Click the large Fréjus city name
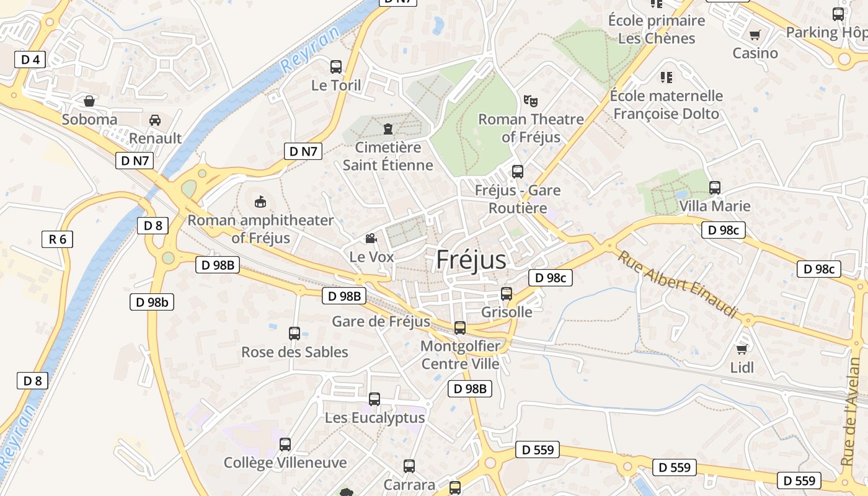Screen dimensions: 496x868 pos(471,260)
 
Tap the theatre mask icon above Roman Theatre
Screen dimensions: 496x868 pos(530,100)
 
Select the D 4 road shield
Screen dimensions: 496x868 pos(30,60)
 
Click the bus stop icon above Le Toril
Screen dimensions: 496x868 pos(336,66)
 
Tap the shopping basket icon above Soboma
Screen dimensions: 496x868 pos(89,100)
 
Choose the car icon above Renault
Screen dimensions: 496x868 pos(155,120)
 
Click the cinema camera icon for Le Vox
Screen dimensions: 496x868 pos(371,239)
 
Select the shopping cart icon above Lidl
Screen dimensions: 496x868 pos(742,349)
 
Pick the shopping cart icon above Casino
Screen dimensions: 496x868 pos(755,35)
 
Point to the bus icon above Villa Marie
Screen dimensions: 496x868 pos(715,187)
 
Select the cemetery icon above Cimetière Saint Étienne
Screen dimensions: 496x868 pos(388,129)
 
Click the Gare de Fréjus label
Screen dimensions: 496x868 pos(381,321)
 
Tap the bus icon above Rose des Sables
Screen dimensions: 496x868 pos(294,334)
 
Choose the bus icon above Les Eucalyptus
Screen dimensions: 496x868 pos(374,399)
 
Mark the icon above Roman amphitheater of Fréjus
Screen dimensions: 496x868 pos(260,201)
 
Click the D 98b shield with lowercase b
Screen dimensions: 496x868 pos(152,302)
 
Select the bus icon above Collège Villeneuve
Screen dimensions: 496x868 pos(285,445)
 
